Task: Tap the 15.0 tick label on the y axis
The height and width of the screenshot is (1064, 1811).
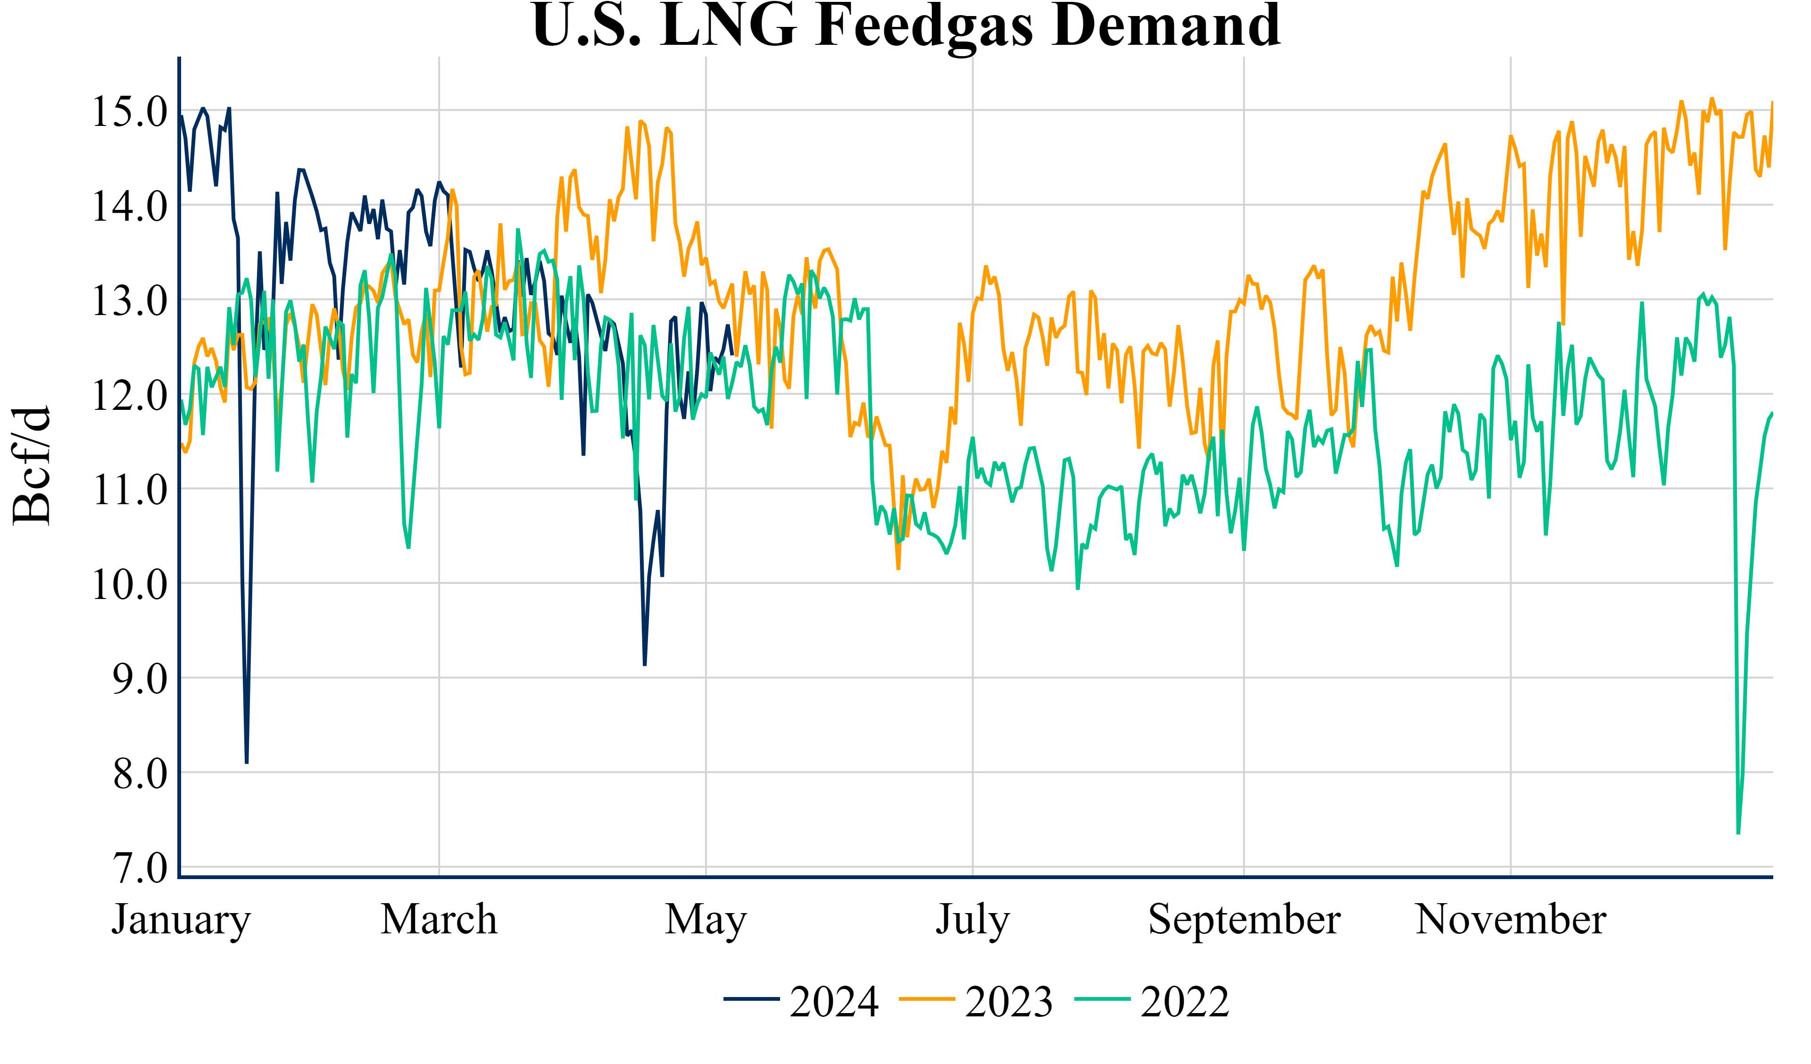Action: (129, 112)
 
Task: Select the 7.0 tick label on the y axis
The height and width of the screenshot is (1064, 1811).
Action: (140, 868)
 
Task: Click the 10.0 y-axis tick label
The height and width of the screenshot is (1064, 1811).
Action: (129, 584)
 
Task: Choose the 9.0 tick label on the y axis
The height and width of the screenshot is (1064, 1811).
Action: (140, 679)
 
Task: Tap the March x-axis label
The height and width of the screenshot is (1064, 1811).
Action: (439, 920)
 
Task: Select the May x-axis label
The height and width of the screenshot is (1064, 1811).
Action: (706, 920)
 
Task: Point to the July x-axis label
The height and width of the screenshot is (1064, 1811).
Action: (972, 920)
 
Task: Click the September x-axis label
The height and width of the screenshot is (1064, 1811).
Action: (1244, 920)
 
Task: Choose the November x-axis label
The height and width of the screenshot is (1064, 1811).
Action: (1511, 920)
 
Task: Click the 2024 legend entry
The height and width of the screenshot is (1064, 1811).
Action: (801, 1001)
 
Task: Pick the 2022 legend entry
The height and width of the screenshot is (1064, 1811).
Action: (1152, 1001)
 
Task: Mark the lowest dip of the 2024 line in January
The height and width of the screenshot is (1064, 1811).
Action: (247, 762)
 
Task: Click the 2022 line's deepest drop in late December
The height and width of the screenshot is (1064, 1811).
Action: (1738, 832)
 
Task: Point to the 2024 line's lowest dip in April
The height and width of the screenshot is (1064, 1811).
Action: (645, 664)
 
